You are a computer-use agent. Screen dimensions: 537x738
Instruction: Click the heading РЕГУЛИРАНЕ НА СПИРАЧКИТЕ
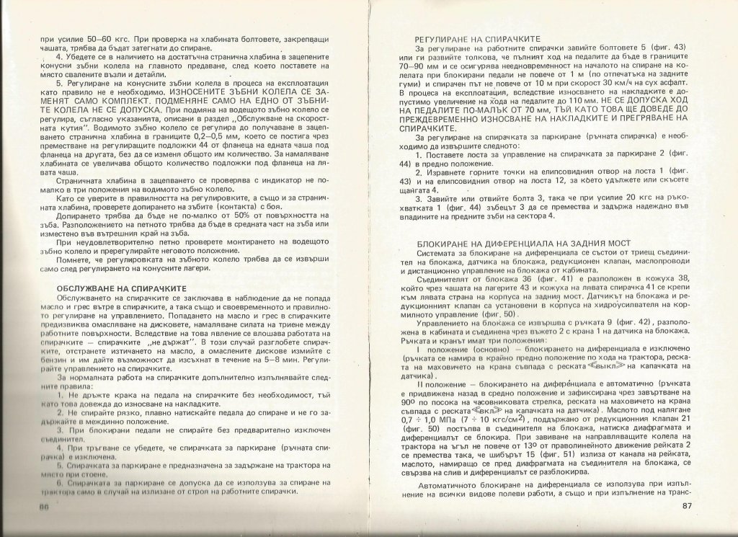click(x=477, y=39)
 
